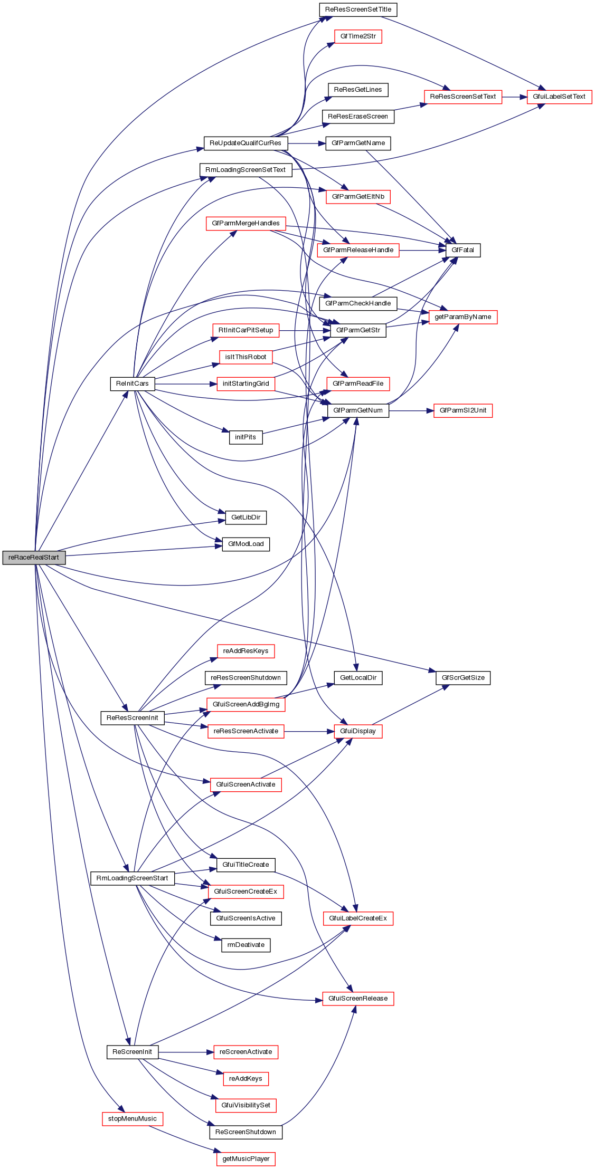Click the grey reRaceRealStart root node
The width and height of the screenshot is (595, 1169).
coord(34,558)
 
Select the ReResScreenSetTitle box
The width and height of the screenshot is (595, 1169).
coord(358,9)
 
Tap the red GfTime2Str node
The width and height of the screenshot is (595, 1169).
coord(358,36)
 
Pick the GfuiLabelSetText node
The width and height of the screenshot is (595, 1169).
coord(559,97)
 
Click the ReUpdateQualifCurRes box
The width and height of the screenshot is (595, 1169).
coord(245,143)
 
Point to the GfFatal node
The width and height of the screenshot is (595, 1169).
coord(463,250)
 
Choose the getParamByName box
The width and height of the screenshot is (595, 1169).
coord(463,317)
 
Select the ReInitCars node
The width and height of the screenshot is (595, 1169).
coord(133,384)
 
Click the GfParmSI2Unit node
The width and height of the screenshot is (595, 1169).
coord(463,410)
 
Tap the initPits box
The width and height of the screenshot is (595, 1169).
coord(245,437)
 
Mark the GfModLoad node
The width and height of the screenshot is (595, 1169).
coord(245,544)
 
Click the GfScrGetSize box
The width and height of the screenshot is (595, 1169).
coord(463,678)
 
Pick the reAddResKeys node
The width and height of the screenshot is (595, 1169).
coord(245,651)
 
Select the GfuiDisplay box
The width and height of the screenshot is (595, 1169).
coord(358,731)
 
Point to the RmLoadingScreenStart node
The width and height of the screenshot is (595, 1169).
coord(133,878)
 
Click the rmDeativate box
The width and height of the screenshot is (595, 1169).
coord(245,945)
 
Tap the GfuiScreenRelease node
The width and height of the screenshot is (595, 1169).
coord(358,999)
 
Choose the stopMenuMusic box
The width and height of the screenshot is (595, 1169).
coord(133,1119)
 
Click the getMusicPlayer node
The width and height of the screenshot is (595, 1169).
coord(245,1159)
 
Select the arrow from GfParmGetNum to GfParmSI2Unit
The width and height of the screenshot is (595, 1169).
coord(411,410)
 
